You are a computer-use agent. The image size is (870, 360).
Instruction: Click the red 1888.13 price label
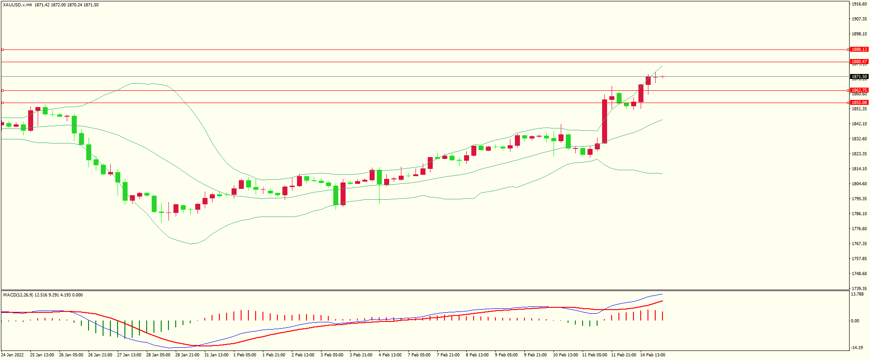tap(859, 49)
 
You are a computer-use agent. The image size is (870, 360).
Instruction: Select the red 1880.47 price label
tap(859, 62)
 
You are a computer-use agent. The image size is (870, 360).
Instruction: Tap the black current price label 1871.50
tap(859, 77)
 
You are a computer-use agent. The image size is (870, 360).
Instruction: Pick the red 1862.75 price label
tap(859, 90)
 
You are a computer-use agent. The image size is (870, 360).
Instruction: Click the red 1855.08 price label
tap(859, 103)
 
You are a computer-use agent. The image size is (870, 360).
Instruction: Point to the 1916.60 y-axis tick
tap(859, 4)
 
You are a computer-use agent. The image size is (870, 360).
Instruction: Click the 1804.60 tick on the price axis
tap(859, 184)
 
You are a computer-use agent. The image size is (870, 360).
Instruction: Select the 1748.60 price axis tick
tap(859, 274)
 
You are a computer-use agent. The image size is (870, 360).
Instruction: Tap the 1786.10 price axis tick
tap(859, 214)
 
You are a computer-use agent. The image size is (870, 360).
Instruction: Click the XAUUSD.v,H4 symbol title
tap(17, 5)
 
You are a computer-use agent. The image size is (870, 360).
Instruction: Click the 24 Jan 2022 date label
tap(13, 355)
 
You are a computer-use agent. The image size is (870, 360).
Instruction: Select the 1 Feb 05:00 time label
tap(244, 355)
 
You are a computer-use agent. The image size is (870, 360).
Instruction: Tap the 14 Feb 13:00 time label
tap(652, 355)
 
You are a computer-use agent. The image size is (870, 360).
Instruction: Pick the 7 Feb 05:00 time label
tap(419, 355)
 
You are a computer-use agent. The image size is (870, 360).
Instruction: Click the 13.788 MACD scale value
tap(857, 294)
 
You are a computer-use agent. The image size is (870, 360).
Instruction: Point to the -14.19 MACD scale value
tap(857, 348)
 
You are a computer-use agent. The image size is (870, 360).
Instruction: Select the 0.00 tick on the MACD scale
tap(855, 321)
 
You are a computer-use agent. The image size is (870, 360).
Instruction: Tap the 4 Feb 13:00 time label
tap(390, 355)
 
